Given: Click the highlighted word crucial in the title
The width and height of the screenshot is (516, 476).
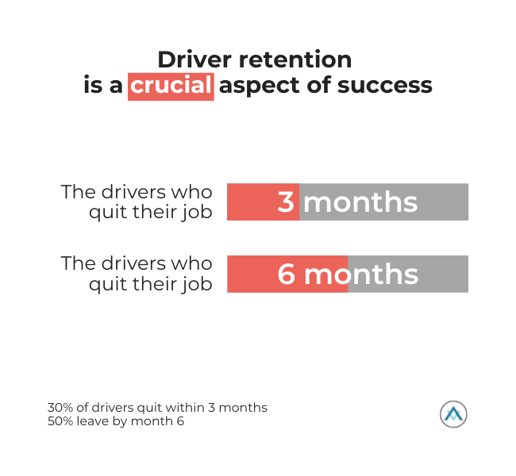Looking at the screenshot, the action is point(171,86).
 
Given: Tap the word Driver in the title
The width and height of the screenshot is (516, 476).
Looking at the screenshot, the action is point(194,59).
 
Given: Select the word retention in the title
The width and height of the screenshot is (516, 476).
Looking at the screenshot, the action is point(295,59).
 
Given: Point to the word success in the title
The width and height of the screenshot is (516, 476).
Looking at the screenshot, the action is point(385,86).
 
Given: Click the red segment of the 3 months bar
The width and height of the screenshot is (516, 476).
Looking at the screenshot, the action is point(264,202).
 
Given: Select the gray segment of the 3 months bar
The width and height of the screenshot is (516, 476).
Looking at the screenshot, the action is point(383,202).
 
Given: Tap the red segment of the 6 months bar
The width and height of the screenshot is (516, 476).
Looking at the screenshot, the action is point(287,274).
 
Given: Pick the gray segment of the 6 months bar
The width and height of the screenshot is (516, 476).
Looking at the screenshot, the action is point(408,274).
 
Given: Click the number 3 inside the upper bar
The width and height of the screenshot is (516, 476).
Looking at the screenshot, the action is point(286,202).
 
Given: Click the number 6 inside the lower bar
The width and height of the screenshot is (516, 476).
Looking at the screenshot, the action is point(287,274).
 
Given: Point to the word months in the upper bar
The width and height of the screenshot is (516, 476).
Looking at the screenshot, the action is point(360,202).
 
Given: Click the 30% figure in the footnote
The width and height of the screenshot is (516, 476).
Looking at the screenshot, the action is point(60,408).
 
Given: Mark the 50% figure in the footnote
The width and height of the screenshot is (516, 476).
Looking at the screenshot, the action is point(60,421).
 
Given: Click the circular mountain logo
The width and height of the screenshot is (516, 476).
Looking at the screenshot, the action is point(453,414).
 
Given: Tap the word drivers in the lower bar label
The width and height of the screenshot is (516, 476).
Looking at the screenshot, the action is point(133,264).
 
